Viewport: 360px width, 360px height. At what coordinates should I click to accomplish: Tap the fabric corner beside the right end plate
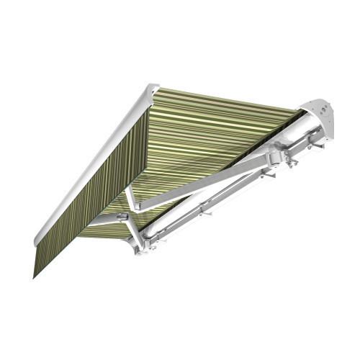pyautogui.click(x=297, y=114)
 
